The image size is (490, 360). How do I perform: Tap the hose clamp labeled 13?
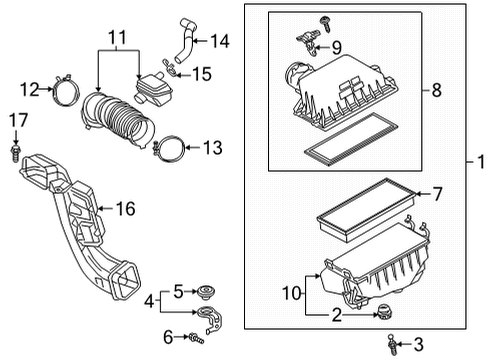point(171,150)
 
